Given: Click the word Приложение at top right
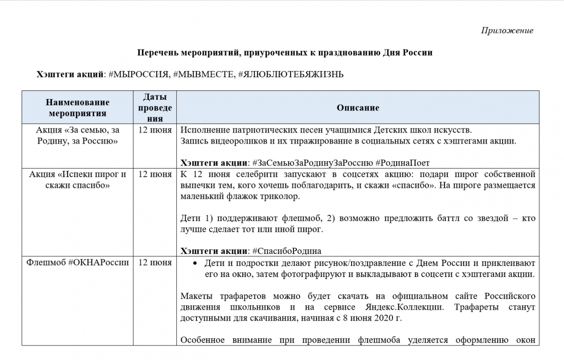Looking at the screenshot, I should [x=507, y=30].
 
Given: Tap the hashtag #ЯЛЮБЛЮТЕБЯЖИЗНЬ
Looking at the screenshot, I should [x=291, y=74].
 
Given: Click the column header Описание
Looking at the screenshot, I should [x=358, y=108].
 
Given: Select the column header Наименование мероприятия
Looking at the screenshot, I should [x=77, y=108].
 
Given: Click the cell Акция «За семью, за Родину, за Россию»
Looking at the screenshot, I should [x=77, y=135].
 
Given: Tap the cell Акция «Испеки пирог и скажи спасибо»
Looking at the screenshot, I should [x=77, y=180].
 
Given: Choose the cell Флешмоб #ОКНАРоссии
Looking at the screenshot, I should [x=77, y=262].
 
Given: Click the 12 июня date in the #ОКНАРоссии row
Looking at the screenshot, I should [x=155, y=262].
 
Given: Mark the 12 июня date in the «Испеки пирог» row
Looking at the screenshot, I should [x=155, y=174].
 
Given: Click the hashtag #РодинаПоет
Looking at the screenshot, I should [x=403, y=163].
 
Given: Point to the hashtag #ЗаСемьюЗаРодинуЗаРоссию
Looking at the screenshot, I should [x=312, y=163].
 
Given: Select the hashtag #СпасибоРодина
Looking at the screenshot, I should [x=286, y=250].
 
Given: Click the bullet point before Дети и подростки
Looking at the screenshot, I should [x=194, y=263].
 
